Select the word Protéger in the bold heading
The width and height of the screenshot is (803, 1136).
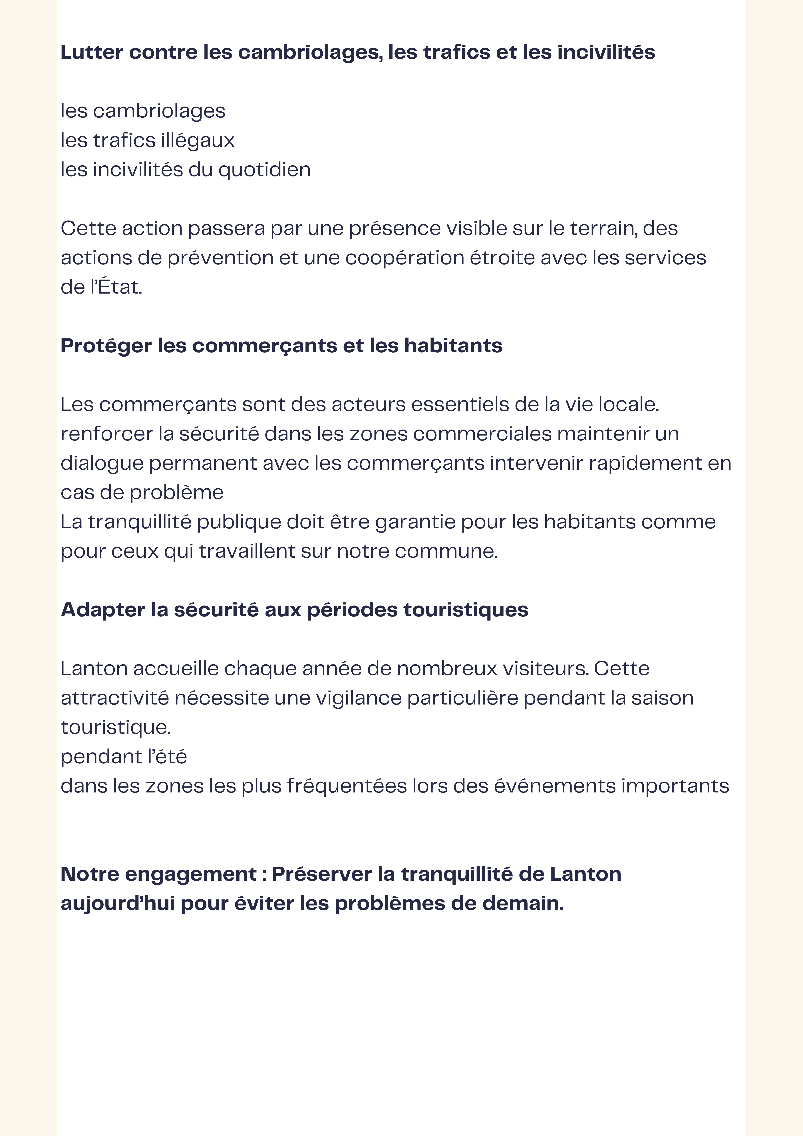point(106,346)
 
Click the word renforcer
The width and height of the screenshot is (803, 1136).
point(106,434)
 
